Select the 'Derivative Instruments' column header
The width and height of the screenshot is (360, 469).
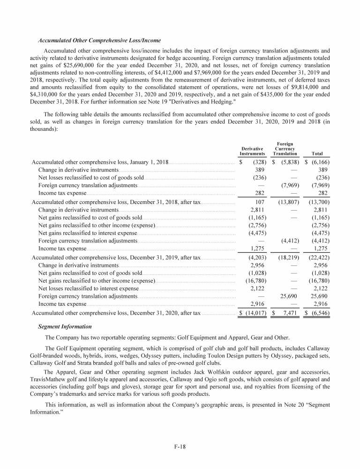click(252, 150)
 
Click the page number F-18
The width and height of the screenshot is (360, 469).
click(180, 446)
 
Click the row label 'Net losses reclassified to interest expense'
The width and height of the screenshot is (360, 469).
click(88, 288)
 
